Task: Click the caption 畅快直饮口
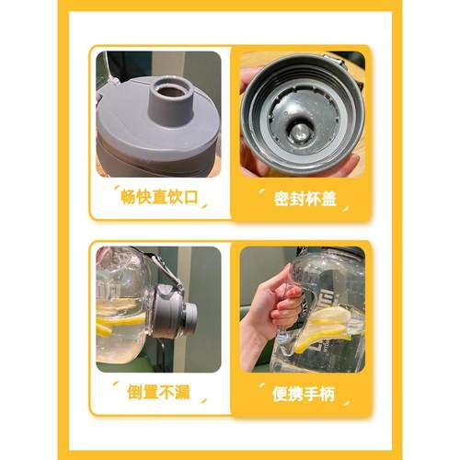click(158, 196)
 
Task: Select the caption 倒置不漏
click(158, 391)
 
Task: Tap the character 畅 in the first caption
click(128, 196)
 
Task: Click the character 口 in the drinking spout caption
click(189, 196)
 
